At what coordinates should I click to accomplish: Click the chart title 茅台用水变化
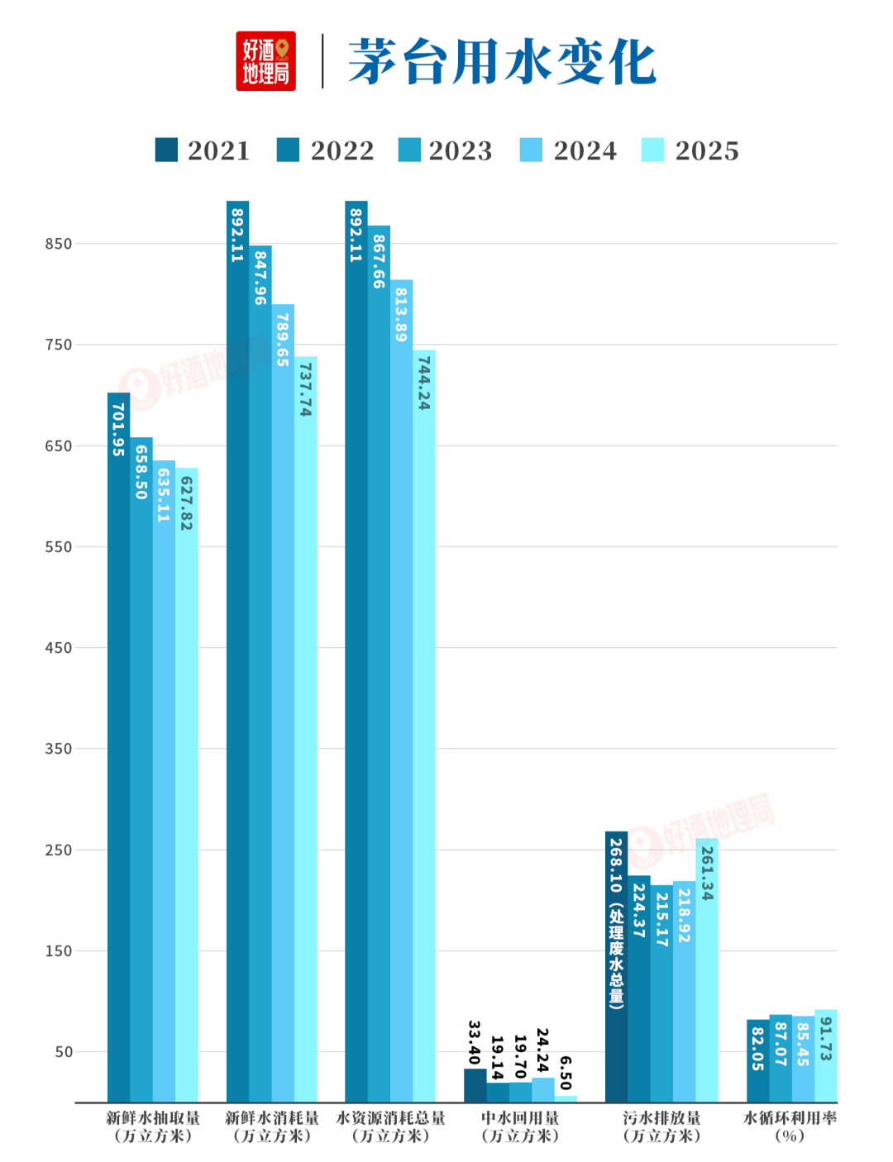pos(502,61)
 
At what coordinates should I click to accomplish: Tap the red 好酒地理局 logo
pos(265,61)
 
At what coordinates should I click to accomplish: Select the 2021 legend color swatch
pos(166,150)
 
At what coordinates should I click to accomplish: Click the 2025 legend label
pos(707,150)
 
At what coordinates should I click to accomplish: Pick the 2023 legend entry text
pos(461,150)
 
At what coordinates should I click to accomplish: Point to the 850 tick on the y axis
pos(58,244)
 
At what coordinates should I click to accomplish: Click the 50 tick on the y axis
pos(63,1052)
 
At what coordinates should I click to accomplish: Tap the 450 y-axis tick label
pos(58,648)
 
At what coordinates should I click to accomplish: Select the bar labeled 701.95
pos(119,748)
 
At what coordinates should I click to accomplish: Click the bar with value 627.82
pos(186,785)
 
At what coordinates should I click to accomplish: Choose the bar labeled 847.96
pos(260,674)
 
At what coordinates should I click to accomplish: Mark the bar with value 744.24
pos(423,726)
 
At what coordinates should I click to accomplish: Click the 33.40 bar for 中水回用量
pos(475,1085)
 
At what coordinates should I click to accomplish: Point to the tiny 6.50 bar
pos(566,1099)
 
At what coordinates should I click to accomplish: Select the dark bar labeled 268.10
pos(616,967)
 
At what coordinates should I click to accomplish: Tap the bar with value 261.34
pos(706,970)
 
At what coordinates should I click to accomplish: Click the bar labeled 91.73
pos(826,1056)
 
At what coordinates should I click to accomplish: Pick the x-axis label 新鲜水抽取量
pos(153,1118)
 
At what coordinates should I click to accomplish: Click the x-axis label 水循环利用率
pos(790,1118)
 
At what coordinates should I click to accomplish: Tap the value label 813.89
pos(401,314)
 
